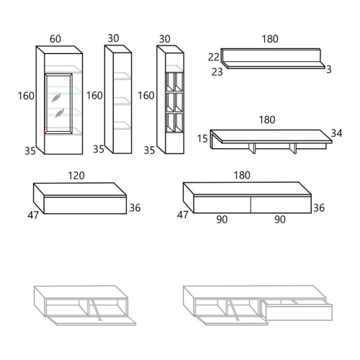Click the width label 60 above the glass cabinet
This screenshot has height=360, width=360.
click(55, 39)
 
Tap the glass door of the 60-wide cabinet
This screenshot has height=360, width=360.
click(58, 104)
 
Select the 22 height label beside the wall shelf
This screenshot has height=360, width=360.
click(214, 57)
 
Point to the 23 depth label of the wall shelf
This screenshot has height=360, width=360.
click(217, 72)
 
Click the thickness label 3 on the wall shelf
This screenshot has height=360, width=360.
click(329, 69)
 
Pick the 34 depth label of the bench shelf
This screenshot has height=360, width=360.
click(336, 133)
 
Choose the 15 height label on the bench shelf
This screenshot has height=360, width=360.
click(202, 139)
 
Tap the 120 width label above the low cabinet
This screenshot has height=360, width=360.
click(76, 176)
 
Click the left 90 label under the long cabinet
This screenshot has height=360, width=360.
click(222, 220)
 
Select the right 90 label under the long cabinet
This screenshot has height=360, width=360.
click(280, 220)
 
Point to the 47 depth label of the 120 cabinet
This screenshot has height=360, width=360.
click(33, 215)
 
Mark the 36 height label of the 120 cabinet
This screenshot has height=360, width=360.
click(135, 208)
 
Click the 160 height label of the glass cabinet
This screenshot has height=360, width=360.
click(26, 96)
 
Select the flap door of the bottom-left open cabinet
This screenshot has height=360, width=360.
click(91, 320)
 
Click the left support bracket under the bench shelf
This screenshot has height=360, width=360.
click(252, 148)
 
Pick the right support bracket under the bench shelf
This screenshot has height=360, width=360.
click(293, 148)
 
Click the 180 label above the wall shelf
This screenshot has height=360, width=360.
click(270, 39)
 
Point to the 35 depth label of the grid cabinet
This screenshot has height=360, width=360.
click(149, 150)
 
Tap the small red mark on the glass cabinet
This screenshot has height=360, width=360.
click(45, 132)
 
